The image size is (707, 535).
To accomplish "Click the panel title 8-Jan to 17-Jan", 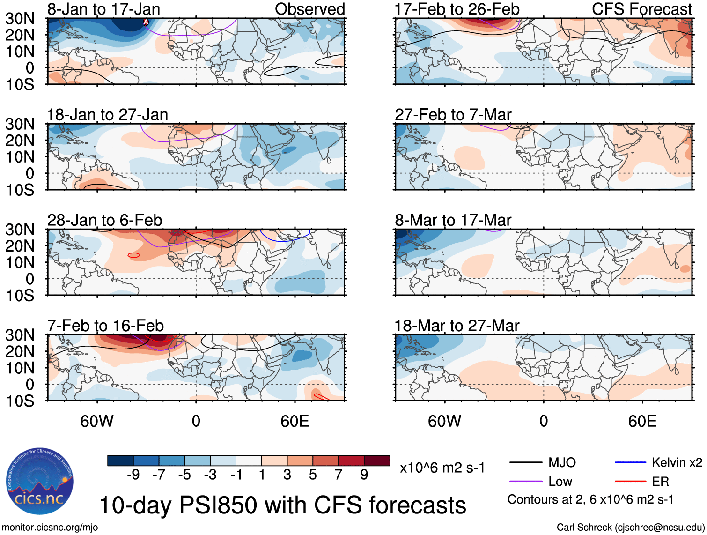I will (x=103, y=9).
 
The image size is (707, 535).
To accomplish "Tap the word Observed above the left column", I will (x=309, y=9).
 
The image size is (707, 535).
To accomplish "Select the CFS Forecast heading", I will (x=641, y=9).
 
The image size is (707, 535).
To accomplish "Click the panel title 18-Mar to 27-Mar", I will (x=457, y=326).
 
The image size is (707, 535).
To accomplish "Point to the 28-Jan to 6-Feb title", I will (x=104, y=220).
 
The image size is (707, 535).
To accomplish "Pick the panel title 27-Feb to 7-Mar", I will (x=453, y=115).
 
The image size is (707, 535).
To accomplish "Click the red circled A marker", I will (x=146, y=22).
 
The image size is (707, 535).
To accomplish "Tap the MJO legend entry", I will (x=562, y=463).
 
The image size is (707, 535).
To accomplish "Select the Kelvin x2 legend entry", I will (x=677, y=463).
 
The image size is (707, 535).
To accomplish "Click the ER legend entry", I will (x=660, y=482).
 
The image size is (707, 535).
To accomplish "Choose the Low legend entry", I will (x=560, y=482).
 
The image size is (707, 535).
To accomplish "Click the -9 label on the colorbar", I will (x=133, y=475).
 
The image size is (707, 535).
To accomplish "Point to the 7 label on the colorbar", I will (x=339, y=475).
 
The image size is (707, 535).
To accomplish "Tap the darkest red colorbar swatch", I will (x=377, y=461).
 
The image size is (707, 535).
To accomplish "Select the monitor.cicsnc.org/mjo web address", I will (x=50, y=528).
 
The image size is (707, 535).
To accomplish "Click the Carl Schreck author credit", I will (x=630, y=528).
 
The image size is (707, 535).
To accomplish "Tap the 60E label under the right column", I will (x=642, y=421).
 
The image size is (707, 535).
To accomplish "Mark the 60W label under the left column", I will (x=97, y=421).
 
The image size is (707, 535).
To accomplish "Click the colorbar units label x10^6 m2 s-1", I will (x=442, y=468).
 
